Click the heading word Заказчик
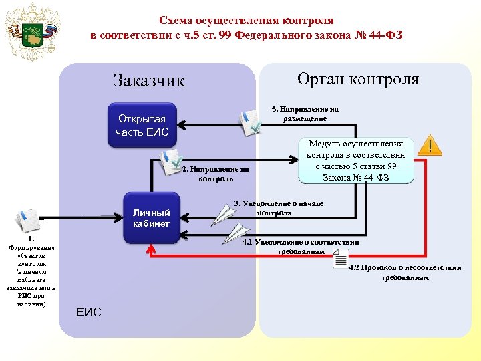(148, 81)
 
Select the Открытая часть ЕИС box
(142, 124)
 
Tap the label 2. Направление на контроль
(215, 174)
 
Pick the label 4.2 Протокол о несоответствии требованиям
(405, 272)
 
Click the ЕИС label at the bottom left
(89, 312)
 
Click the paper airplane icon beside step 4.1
(236, 233)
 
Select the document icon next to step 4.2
(340, 261)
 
